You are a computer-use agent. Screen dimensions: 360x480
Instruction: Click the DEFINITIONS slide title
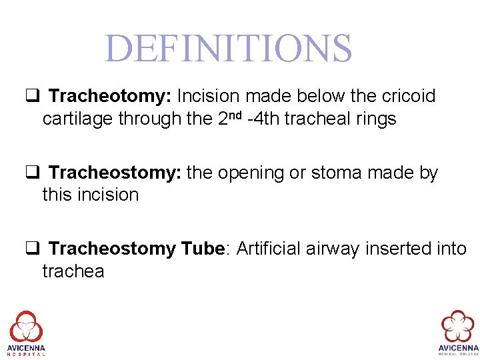[x=228, y=48]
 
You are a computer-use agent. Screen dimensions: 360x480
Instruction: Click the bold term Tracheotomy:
[x=110, y=97]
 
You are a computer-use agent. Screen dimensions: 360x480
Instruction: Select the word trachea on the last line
[x=73, y=272]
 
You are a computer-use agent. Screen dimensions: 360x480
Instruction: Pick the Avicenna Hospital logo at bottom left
[x=27, y=332]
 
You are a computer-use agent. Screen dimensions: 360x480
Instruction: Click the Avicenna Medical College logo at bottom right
[x=457, y=332]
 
